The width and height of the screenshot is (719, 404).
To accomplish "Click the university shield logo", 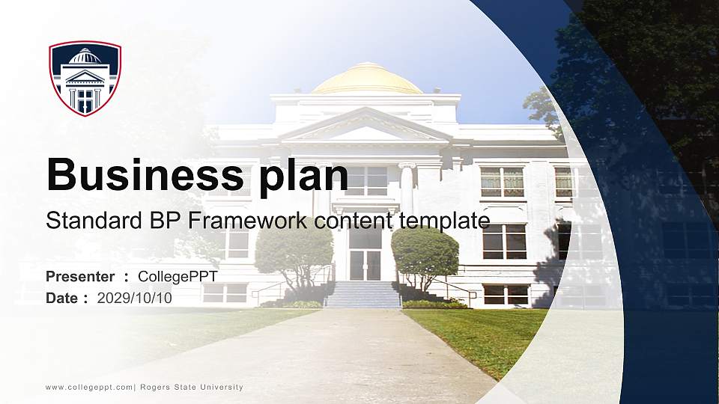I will pyautogui.click(x=85, y=78).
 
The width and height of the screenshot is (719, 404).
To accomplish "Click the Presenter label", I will pyautogui.click(x=80, y=277).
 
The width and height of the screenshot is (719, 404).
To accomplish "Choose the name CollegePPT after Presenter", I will pyautogui.click(x=178, y=277).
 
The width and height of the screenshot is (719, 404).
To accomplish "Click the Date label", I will pyautogui.click(x=62, y=298).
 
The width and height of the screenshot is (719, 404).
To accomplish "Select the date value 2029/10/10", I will pyautogui.click(x=135, y=298).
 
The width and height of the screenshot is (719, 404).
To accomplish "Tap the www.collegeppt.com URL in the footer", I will pyautogui.click(x=89, y=387).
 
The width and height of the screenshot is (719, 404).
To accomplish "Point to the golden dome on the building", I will pyautogui.click(x=366, y=79).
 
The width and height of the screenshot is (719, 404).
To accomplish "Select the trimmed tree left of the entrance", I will pyautogui.click(x=294, y=253).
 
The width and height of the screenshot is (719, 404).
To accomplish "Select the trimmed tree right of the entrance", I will pyautogui.click(x=425, y=253).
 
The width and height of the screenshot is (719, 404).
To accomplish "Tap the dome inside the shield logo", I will pyautogui.click(x=85, y=57).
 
